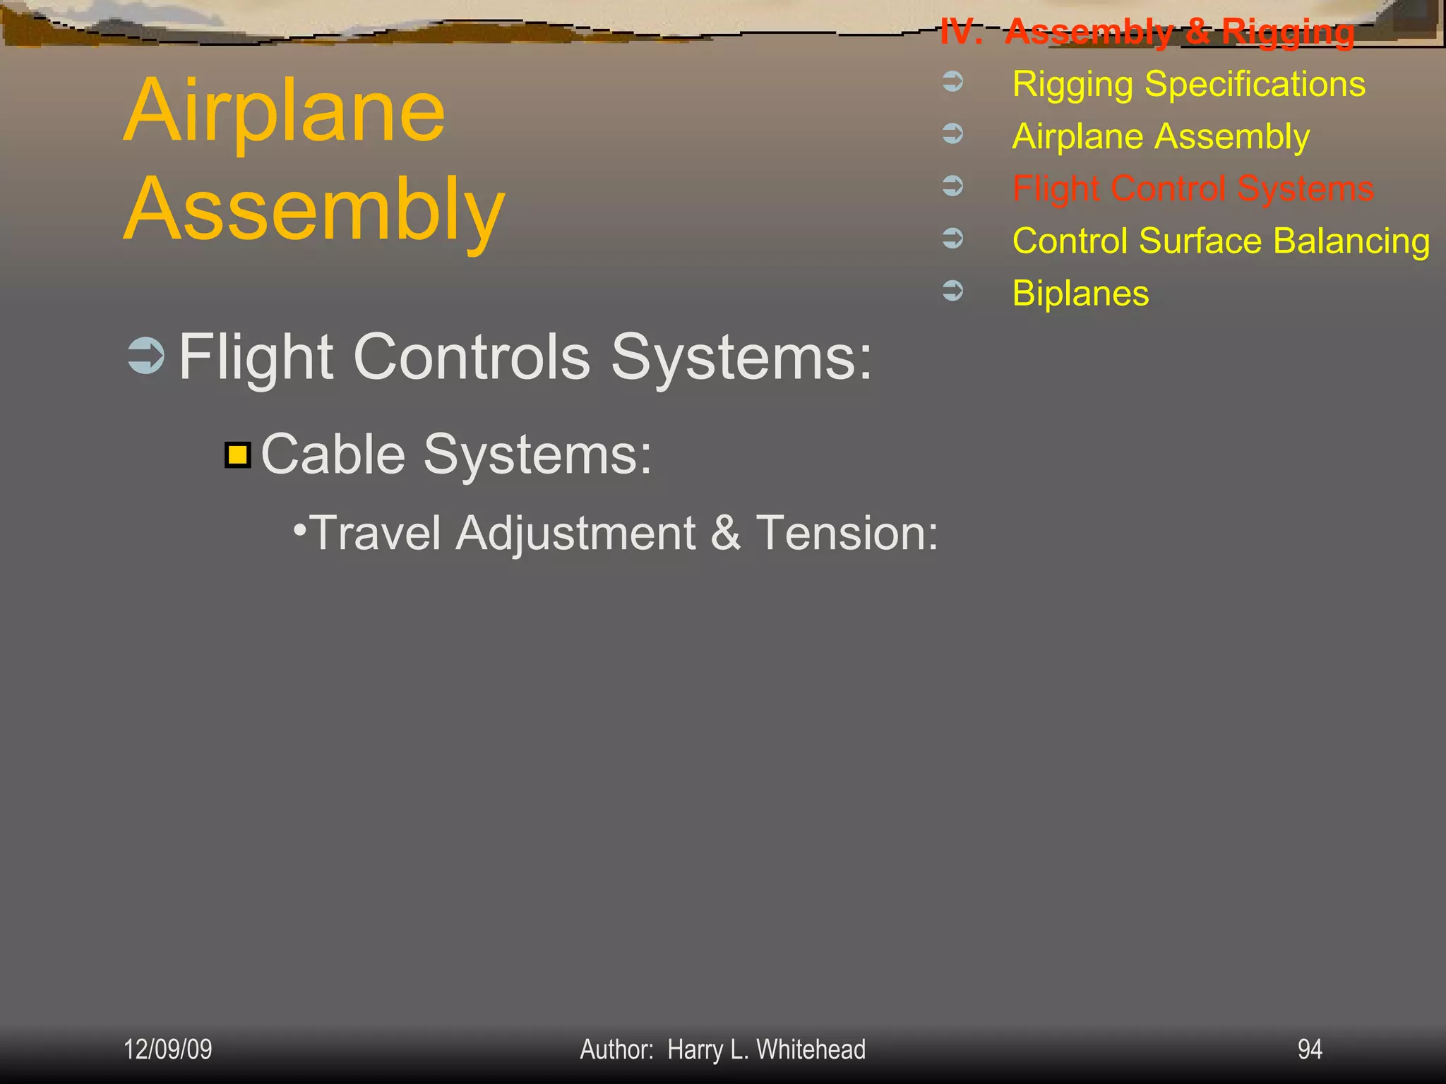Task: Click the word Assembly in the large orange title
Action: pos(314,210)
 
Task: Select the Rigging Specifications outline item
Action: pos(1188,85)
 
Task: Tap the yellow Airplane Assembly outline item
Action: pos(1160,137)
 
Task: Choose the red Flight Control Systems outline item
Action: pos(1193,189)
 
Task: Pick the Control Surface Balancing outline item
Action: pos(1221,241)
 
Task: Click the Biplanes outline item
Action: pos(1080,294)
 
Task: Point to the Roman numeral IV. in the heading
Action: pos(960,32)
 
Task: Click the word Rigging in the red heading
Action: pos(1288,32)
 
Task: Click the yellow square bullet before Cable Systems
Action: pos(238,455)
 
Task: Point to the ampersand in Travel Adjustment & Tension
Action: pos(726,533)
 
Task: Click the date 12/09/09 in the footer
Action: pos(168,1049)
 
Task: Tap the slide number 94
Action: pos(1310,1049)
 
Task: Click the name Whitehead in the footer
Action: pos(811,1049)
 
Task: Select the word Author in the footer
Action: pos(616,1049)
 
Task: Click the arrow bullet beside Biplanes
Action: pos(953,290)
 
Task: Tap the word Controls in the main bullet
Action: pos(471,357)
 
